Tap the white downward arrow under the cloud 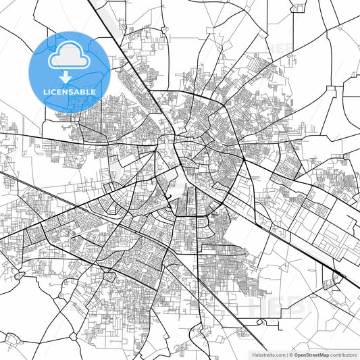69,77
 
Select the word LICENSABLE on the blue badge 69,91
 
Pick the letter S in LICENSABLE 70,91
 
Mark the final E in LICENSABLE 93,91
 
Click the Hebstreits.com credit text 268,354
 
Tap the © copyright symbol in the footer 290,354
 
